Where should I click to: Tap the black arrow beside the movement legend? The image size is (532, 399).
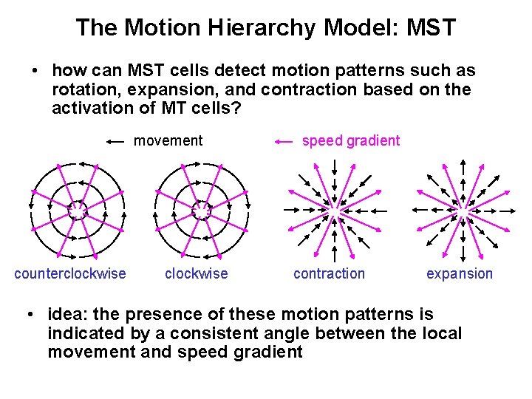[x=115, y=141]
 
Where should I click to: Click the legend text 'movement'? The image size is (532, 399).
[x=168, y=140]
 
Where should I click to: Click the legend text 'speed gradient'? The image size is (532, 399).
[x=351, y=140]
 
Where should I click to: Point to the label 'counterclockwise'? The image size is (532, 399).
[x=70, y=274]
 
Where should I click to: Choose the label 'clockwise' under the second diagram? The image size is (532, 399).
[x=197, y=274]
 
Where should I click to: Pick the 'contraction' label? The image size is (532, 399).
[x=329, y=274]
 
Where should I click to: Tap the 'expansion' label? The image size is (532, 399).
[x=460, y=274]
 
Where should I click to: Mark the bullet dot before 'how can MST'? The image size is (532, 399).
[x=35, y=72]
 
